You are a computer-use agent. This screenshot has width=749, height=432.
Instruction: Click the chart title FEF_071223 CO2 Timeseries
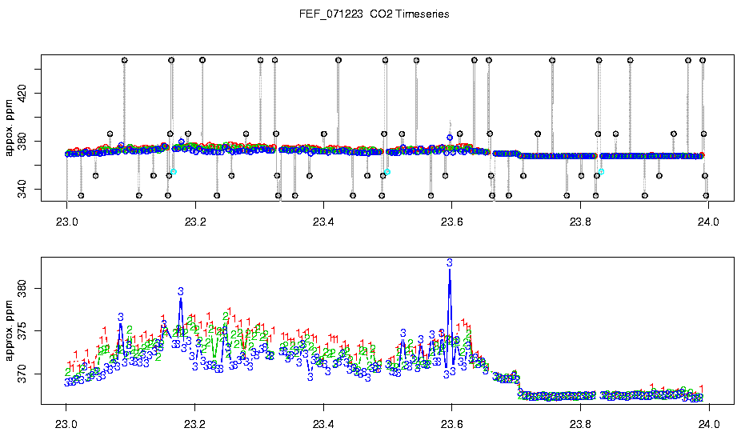click(x=374, y=14)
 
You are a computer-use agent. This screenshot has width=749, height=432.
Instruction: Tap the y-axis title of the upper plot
click(x=9, y=128)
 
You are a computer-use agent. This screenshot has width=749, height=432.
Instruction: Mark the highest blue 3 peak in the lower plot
click(x=450, y=262)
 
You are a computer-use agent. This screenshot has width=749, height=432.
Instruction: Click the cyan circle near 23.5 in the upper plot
click(x=387, y=172)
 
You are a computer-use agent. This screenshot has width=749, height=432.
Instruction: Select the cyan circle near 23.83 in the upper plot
click(x=602, y=171)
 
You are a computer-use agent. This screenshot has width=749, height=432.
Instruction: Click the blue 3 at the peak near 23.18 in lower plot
click(x=181, y=292)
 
